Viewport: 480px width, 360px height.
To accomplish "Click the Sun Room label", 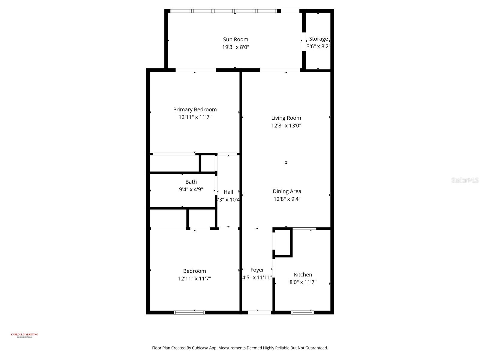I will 235,39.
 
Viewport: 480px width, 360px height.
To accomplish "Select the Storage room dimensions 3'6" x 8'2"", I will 318,46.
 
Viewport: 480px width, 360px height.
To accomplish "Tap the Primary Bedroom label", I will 195,109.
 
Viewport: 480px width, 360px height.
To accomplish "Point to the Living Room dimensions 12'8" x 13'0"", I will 286,126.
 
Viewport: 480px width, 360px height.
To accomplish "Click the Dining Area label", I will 287,191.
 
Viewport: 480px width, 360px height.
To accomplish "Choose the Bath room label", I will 191,182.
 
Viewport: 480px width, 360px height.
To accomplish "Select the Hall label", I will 228,192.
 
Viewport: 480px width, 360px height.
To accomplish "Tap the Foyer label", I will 257,270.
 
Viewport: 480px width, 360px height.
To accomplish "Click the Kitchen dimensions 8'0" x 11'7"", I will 303,282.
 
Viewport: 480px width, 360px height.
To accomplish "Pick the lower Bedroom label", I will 194,271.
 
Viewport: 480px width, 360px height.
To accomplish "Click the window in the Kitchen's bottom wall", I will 302,313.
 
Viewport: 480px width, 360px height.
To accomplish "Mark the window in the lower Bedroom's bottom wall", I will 189,313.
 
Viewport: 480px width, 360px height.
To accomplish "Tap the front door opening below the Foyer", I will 259,313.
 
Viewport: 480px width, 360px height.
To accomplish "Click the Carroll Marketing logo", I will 25,335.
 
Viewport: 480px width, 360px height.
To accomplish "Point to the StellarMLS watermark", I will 465,180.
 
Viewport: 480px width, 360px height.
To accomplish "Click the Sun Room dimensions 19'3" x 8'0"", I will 235,47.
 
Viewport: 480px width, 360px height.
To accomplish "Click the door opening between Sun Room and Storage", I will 304,41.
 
